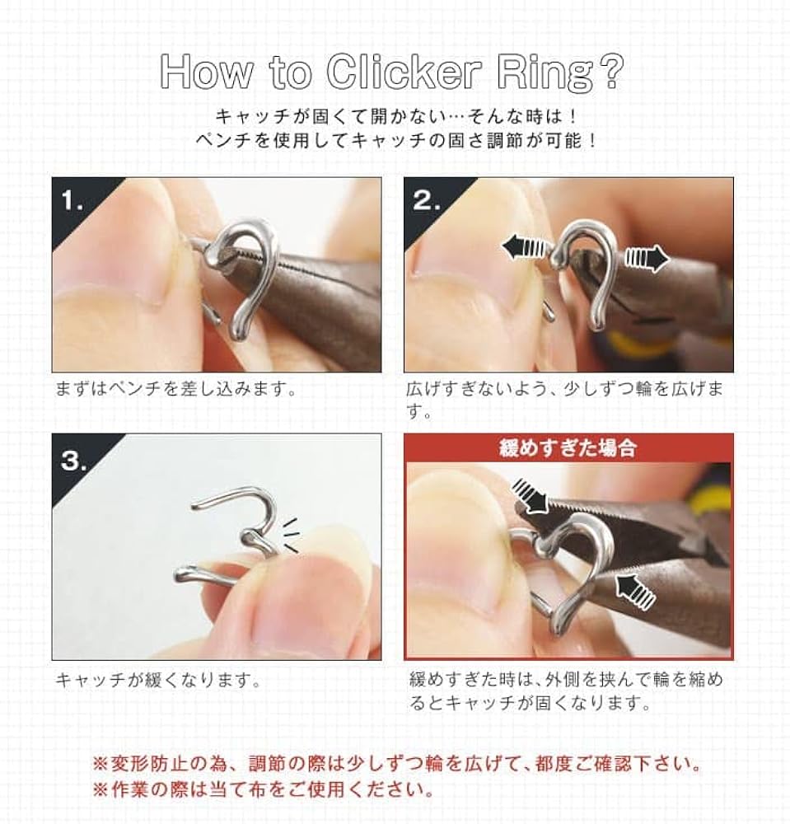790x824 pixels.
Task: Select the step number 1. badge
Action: (x=72, y=201)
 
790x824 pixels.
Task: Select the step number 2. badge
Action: (x=425, y=201)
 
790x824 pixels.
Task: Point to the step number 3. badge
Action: (x=73, y=459)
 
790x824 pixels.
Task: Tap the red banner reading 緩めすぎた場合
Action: (x=568, y=449)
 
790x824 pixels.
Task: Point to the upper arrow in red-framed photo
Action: (x=528, y=494)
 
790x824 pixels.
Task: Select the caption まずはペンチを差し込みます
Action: (x=175, y=389)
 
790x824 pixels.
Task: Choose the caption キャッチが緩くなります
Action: (x=158, y=681)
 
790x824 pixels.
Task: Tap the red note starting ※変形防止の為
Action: (x=395, y=764)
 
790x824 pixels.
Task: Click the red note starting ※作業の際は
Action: (x=263, y=790)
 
